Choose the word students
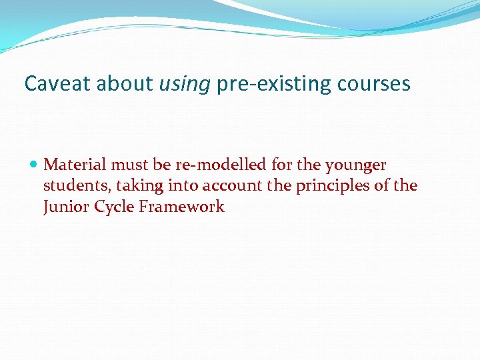click(71, 185)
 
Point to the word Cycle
click(114, 207)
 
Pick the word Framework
click(181, 207)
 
